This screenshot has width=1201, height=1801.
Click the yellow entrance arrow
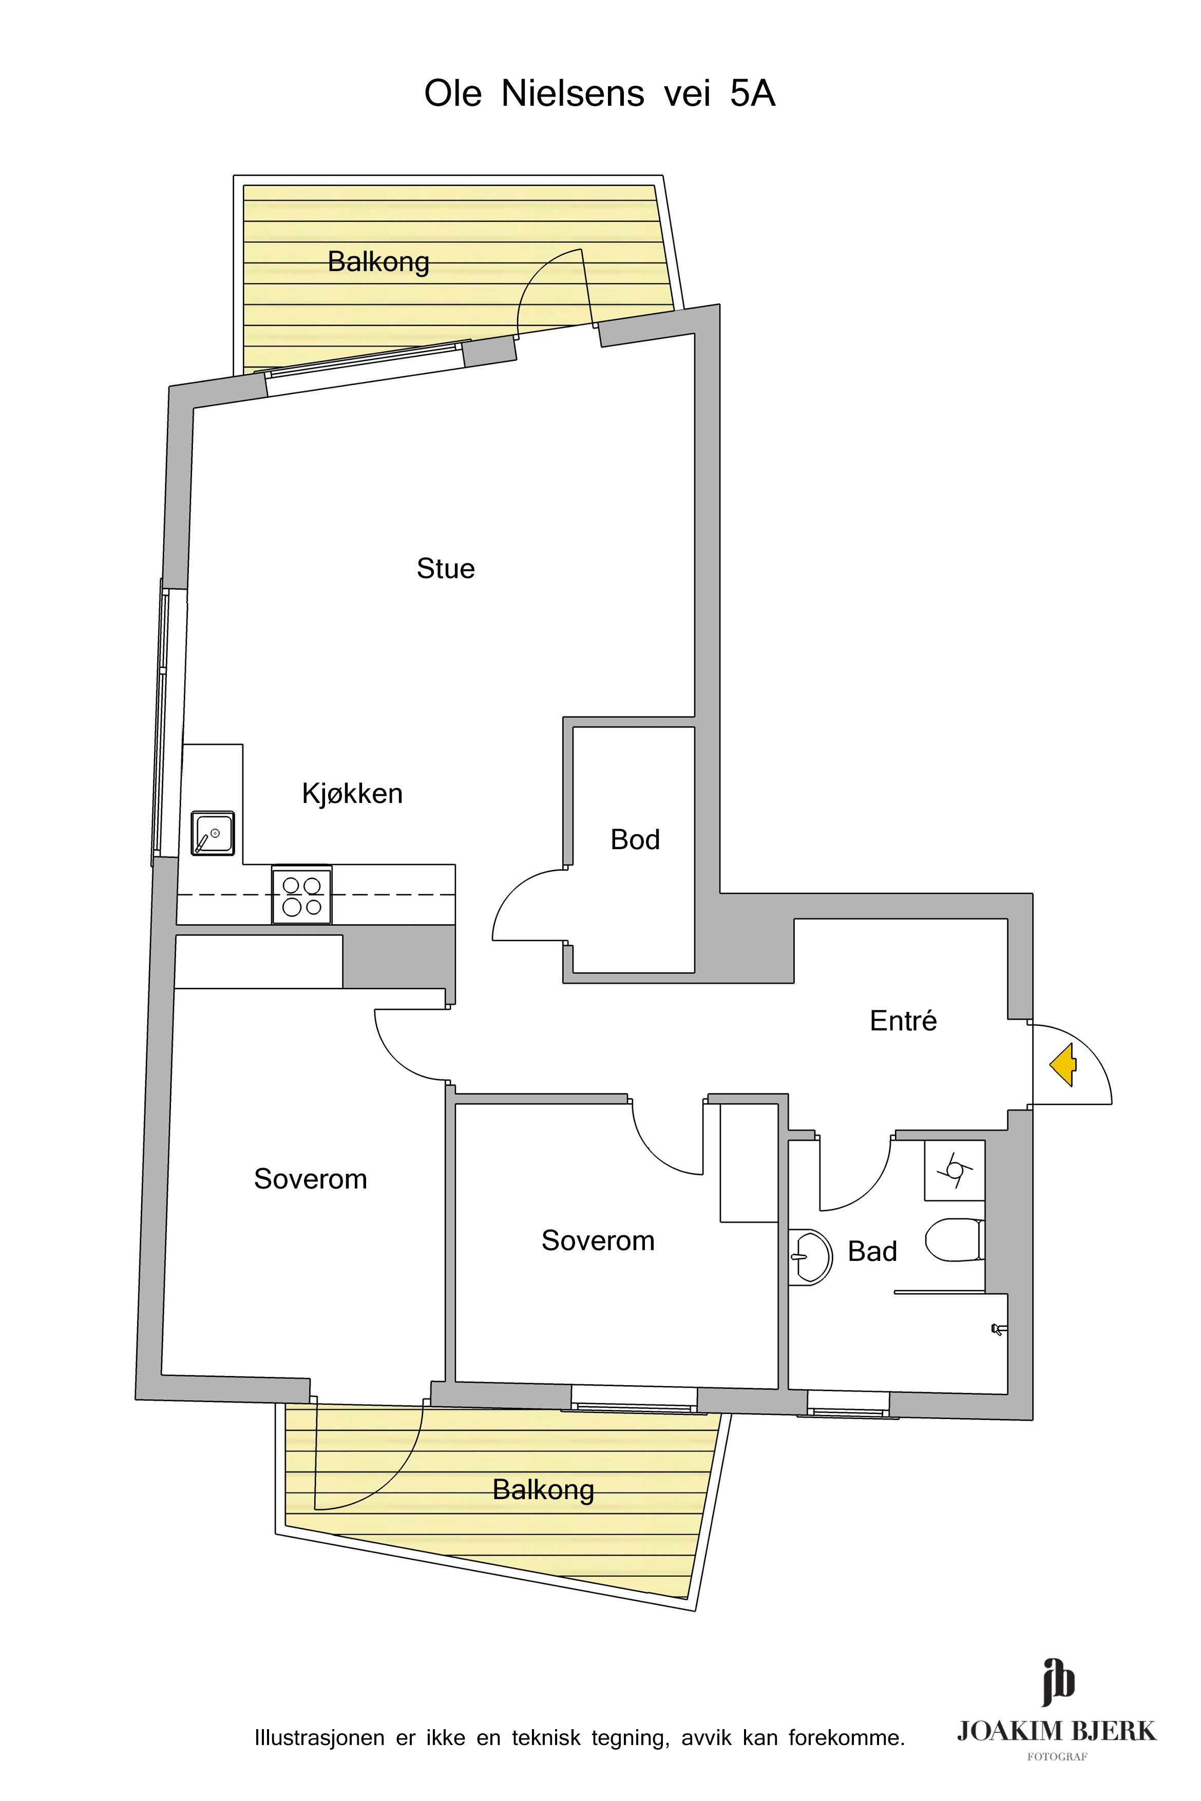click(1064, 1065)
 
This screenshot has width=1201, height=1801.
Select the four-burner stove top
click(302, 895)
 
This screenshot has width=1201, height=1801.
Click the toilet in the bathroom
click(955, 1240)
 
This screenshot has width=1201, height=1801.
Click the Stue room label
click(446, 569)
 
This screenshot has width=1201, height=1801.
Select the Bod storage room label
click(635, 839)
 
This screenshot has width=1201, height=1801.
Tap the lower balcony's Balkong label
click(543, 1489)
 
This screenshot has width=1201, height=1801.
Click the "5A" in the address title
click(753, 93)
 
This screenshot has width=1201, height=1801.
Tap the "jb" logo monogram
click(1058, 1682)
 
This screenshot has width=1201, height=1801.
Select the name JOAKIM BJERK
click(1056, 1731)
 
